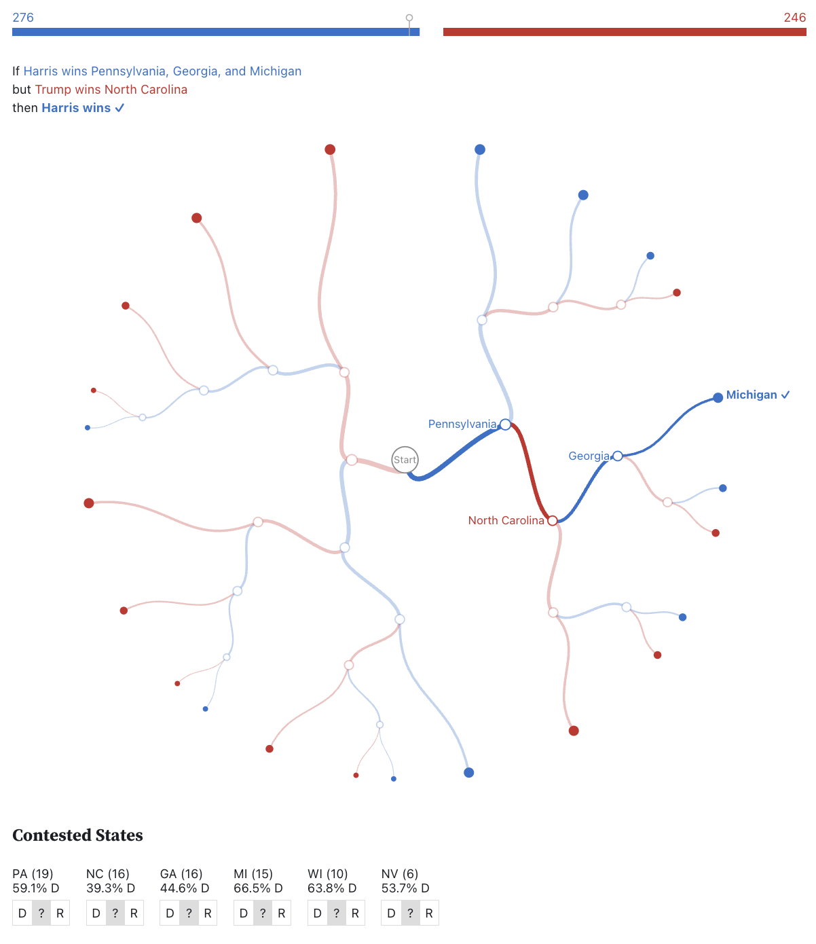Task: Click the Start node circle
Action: tap(405, 460)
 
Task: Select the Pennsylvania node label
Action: tap(462, 424)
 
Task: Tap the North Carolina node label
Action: tap(506, 521)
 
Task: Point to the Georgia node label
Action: tap(589, 456)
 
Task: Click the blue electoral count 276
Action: tap(23, 18)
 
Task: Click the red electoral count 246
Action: tap(794, 18)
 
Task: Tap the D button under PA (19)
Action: tap(22, 913)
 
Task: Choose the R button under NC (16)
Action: tap(134, 913)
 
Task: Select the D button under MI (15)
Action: tap(244, 913)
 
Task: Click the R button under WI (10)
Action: tap(355, 913)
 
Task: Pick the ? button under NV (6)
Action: tap(410, 913)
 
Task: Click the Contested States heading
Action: tap(77, 835)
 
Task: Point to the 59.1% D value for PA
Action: tap(35, 888)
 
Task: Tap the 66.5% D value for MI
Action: tap(257, 888)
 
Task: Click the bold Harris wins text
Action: tap(76, 108)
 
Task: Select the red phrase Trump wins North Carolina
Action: tap(111, 90)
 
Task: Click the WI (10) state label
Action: tap(327, 874)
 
